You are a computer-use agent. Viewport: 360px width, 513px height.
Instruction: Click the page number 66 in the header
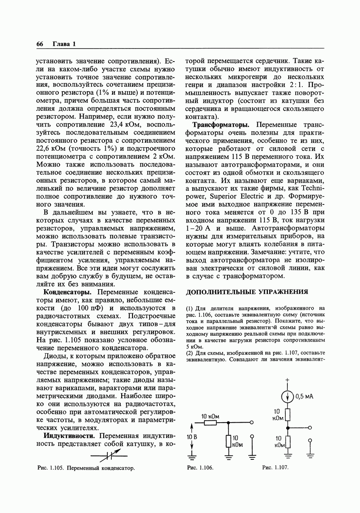click(x=39, y=44)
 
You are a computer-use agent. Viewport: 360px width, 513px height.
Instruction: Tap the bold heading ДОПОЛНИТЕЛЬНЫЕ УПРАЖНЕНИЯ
click(x=247, y=292)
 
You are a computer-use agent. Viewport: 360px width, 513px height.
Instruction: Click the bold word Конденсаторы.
click(x=68, y=292)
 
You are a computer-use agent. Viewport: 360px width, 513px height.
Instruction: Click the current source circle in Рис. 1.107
click(x=288, y=396)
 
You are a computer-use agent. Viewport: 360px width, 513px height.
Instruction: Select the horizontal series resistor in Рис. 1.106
click(x=210, y=423)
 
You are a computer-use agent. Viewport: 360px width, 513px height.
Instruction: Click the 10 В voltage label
click(x=191, y=437)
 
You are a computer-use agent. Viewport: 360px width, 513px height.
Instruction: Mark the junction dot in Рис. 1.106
click(x=229, y=423)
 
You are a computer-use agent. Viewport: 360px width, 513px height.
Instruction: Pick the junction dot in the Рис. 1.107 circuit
click(x=288, y=427)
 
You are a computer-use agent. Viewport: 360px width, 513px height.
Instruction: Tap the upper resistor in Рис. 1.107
click(x=288, y=415)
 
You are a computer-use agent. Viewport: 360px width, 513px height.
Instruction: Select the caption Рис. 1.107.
click(x=276, y=468)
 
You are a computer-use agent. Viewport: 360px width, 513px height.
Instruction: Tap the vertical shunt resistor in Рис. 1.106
click(x=229, y=441)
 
